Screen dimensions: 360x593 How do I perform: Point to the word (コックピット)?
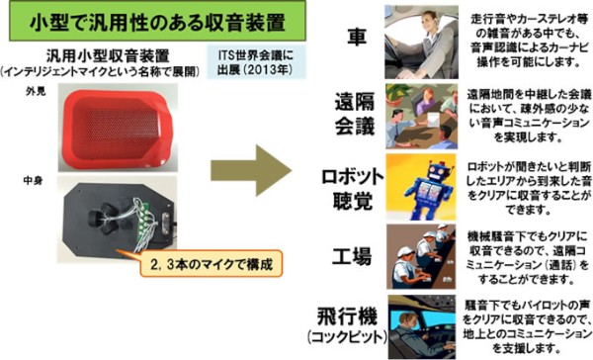pos(343,337)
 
